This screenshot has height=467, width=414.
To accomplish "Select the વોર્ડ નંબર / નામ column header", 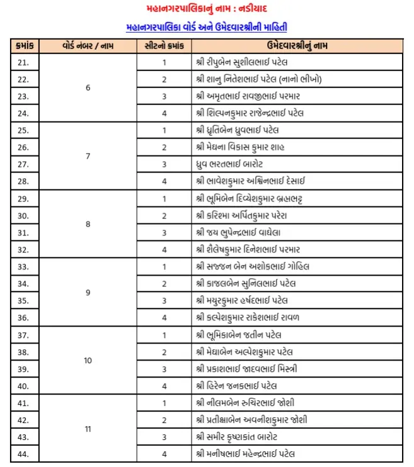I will pos(88,47).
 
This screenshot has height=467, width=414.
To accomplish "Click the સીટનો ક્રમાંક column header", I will pos(164,47).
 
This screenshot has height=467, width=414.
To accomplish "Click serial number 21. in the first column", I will pos(23,62).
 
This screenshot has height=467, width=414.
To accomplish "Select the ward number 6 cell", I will pos(88,88).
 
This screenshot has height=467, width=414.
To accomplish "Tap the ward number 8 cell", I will pos(88,224).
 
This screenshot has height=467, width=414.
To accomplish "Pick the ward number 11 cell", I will pos(88,429).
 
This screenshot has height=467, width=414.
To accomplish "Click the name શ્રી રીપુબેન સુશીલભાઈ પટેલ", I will pos(250,62).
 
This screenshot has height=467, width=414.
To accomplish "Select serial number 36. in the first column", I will pos(23,317).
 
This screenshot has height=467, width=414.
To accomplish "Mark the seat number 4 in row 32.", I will pos(164,249).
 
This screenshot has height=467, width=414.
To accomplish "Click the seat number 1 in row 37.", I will pos(164,334).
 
